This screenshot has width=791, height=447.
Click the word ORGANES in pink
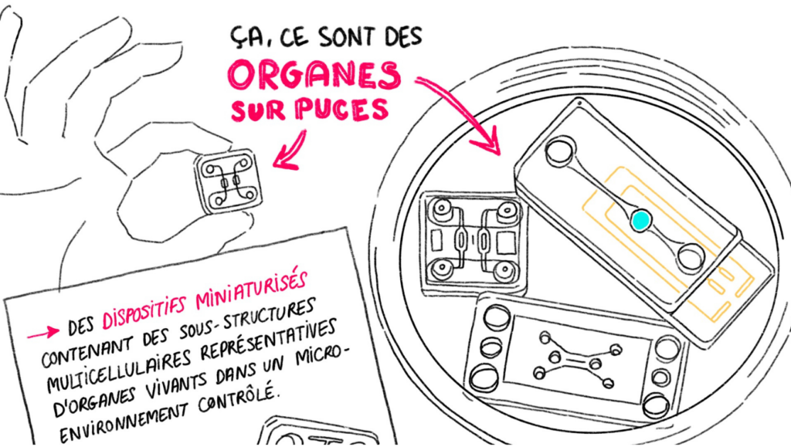(314, 76)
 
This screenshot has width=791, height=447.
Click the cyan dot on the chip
(640, 220)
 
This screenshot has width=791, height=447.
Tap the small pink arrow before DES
(43, 333)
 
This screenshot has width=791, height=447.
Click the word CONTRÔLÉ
(238, 398)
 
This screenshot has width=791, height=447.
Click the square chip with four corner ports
(474, 243)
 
